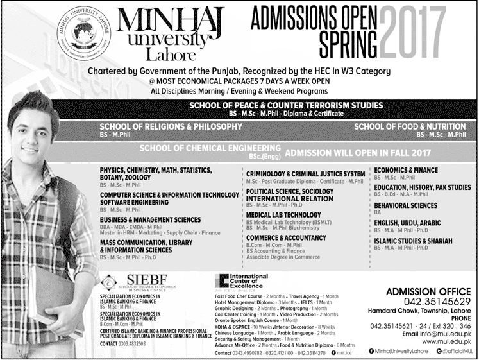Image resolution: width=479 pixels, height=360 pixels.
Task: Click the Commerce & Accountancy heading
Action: point(286,237)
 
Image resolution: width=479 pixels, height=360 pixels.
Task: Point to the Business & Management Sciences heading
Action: point(150,219)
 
